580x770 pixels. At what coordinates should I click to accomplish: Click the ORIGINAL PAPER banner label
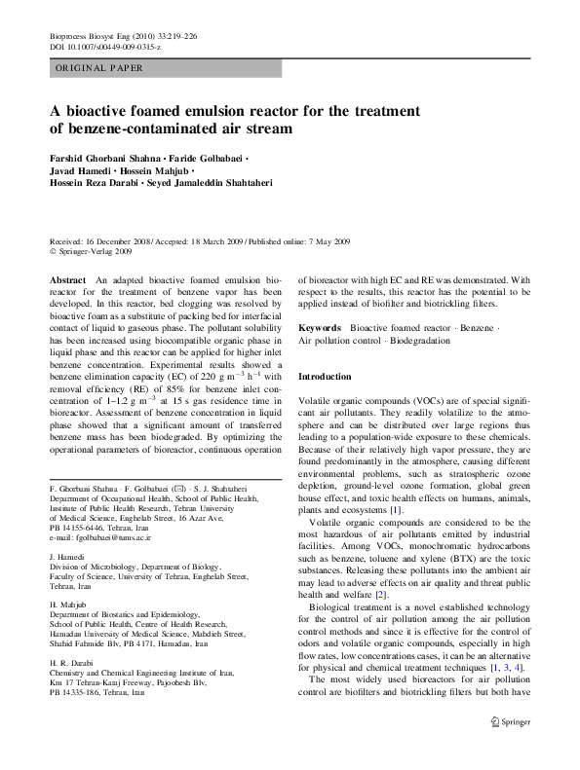98,68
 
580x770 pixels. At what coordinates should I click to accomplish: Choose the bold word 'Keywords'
320,329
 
